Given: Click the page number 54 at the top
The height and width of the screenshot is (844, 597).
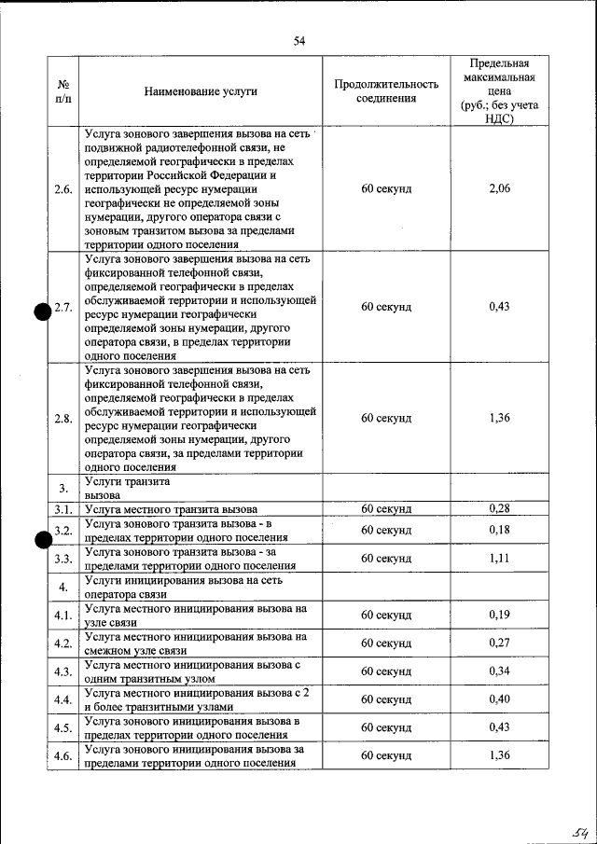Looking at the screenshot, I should (299, 40).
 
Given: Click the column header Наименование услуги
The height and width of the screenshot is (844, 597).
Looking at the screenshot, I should (201, 91).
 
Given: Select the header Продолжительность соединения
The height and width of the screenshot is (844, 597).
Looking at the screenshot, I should (386, 91).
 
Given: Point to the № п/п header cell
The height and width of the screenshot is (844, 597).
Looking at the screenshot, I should (63, 91).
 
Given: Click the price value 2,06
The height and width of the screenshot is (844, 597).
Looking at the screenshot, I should (499, 188).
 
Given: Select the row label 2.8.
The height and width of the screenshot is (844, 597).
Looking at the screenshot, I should (63, 418).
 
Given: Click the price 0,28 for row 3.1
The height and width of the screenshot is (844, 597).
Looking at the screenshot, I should (499, 508).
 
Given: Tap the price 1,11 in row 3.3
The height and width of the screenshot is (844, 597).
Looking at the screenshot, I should (499, 559).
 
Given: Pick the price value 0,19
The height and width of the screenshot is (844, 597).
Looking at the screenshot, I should (499, 616).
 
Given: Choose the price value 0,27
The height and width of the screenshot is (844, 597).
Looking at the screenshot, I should (499, 643).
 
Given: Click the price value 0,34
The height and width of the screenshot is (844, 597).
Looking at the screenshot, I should (499, 671).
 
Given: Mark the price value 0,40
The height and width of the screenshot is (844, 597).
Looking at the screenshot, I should (499, 699).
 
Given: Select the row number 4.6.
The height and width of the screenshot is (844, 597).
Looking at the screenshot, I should (63, 755).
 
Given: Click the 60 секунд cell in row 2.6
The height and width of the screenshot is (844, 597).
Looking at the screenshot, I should (386, 188).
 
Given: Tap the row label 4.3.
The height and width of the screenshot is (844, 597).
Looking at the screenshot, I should (63, 671).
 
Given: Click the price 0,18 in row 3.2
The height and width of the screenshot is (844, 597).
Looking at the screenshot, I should (499, 530).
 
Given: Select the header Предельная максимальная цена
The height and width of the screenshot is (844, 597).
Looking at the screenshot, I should (499, 91).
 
